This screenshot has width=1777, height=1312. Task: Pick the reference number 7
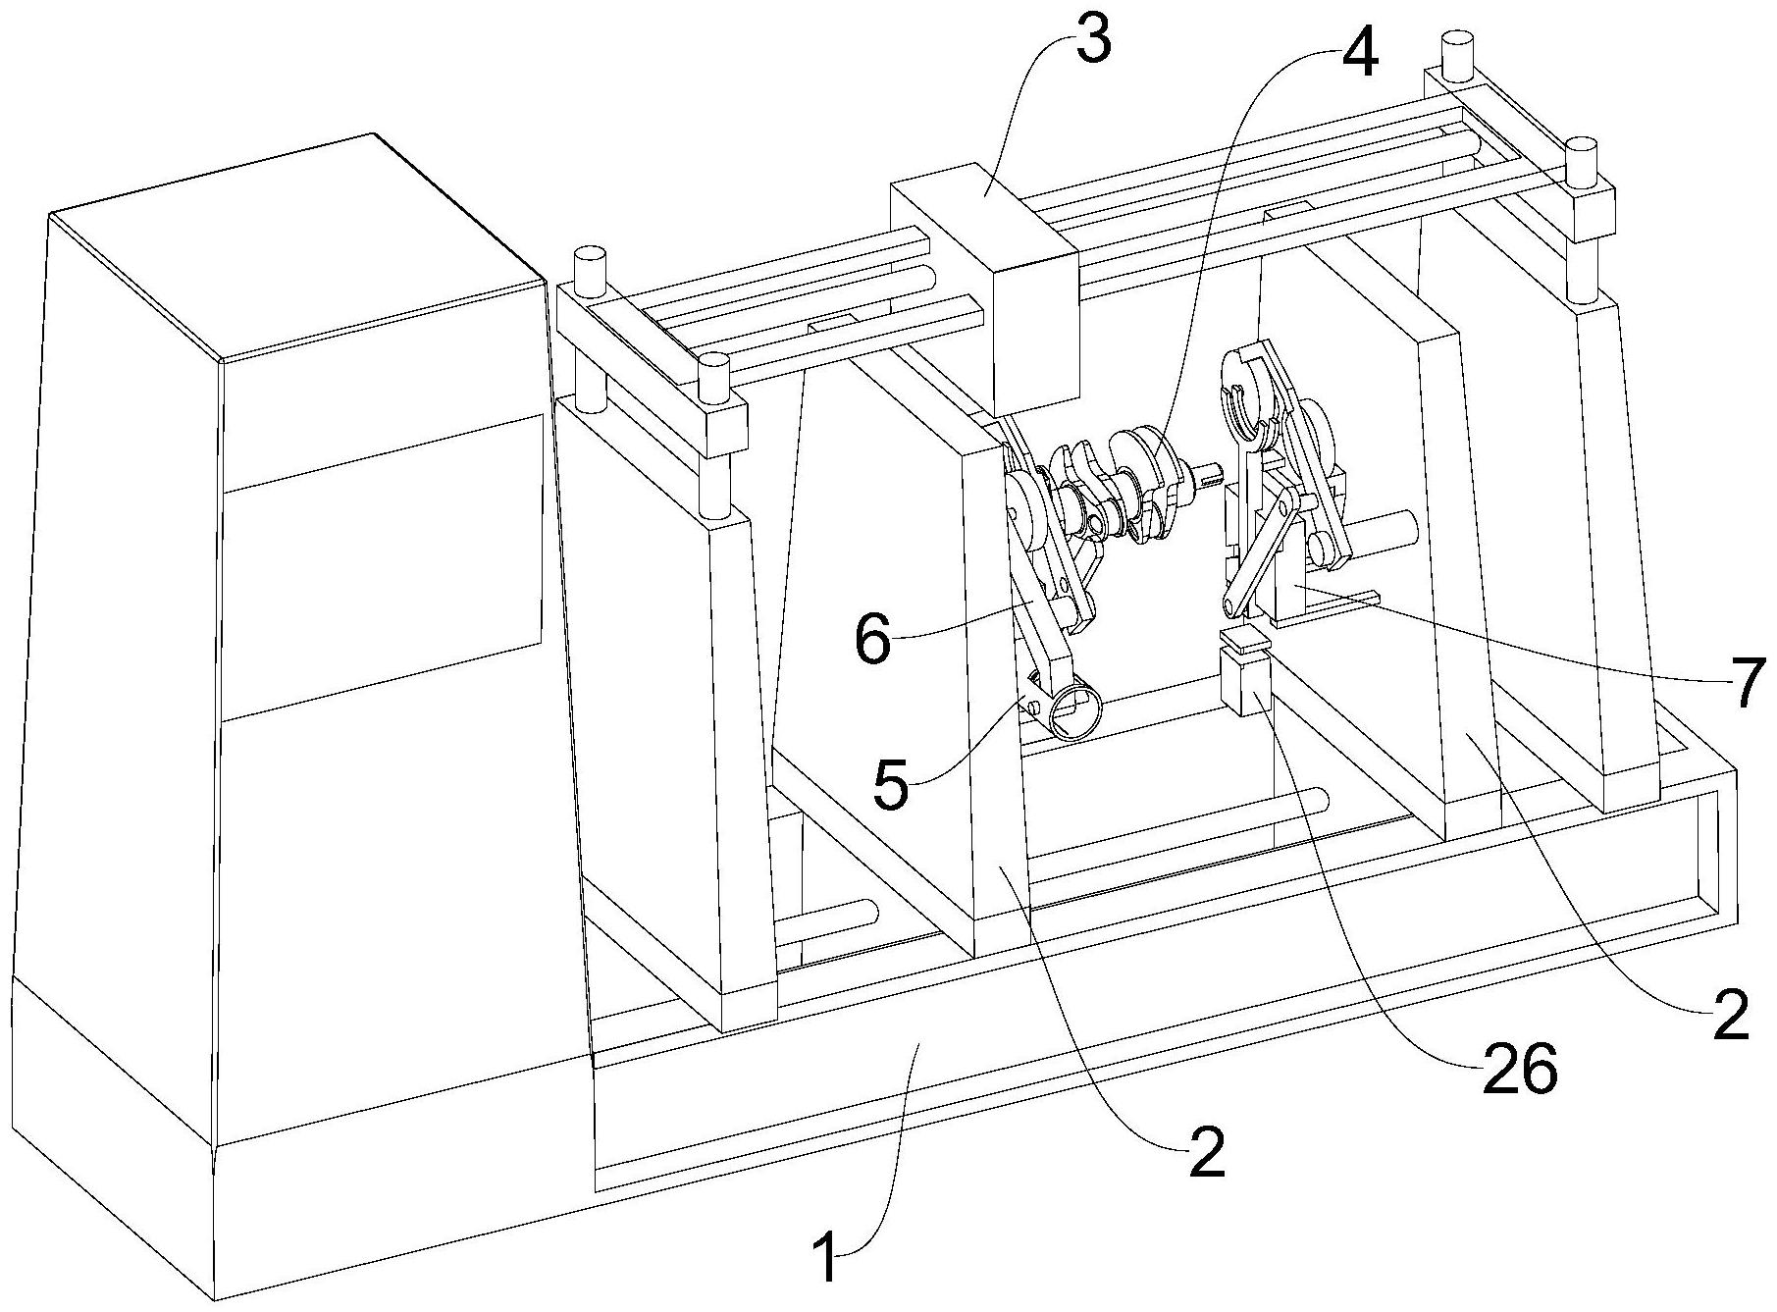pyautogui.click(x=1746, y=683)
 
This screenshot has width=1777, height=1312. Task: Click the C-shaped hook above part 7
pyautogui.click(x=1247, y=393)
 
